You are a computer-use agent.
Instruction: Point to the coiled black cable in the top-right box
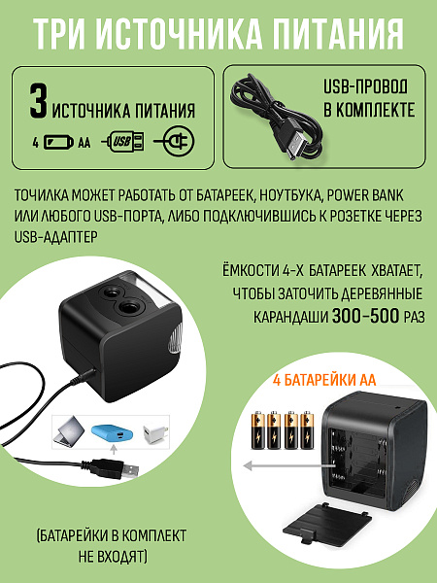[x=267, y=106]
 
